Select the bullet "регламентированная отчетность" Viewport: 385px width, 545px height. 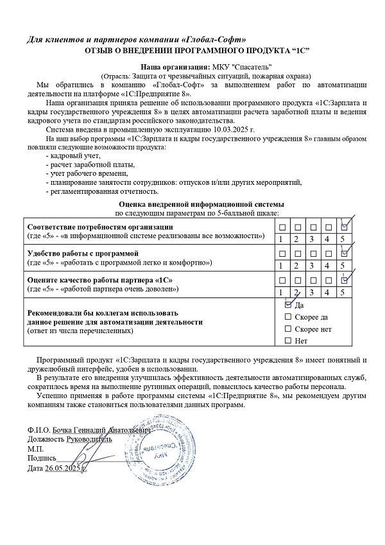point(103,191)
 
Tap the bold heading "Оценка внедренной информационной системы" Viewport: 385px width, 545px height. point(196,203)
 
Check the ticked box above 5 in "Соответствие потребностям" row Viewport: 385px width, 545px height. point(345,227)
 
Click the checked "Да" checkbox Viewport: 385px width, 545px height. point(288,306)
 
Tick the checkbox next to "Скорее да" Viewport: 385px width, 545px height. point(288,317)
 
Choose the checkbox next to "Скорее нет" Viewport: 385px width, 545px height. point(288,329)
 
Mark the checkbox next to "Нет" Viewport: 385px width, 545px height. point(288,340)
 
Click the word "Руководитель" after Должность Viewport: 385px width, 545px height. point(89,439)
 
